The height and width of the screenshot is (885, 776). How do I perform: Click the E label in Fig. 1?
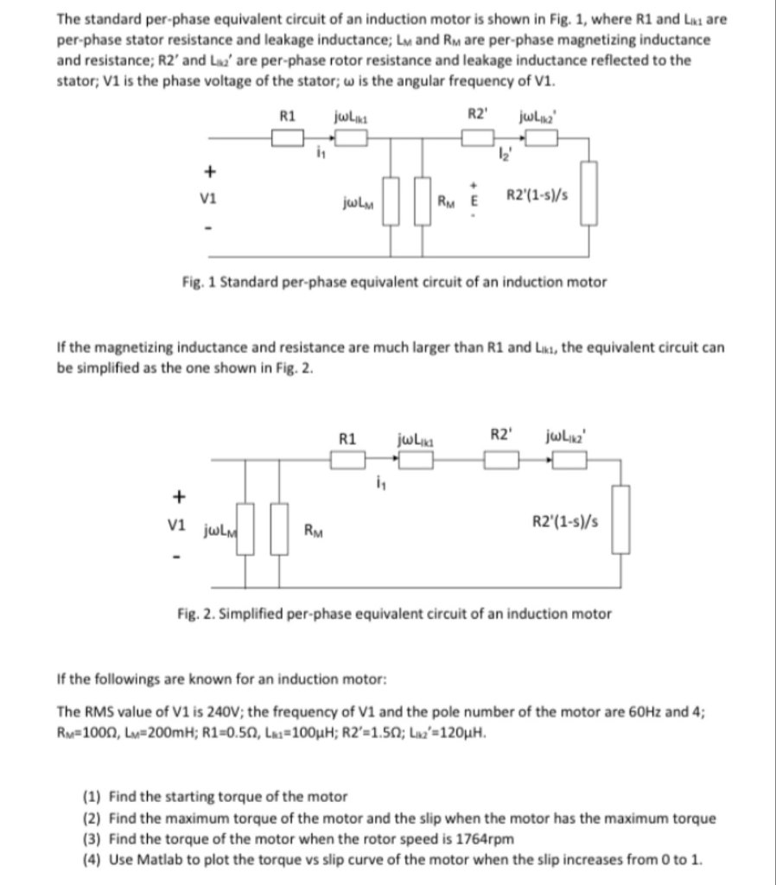pyautogui.click(x=472, y=205)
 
